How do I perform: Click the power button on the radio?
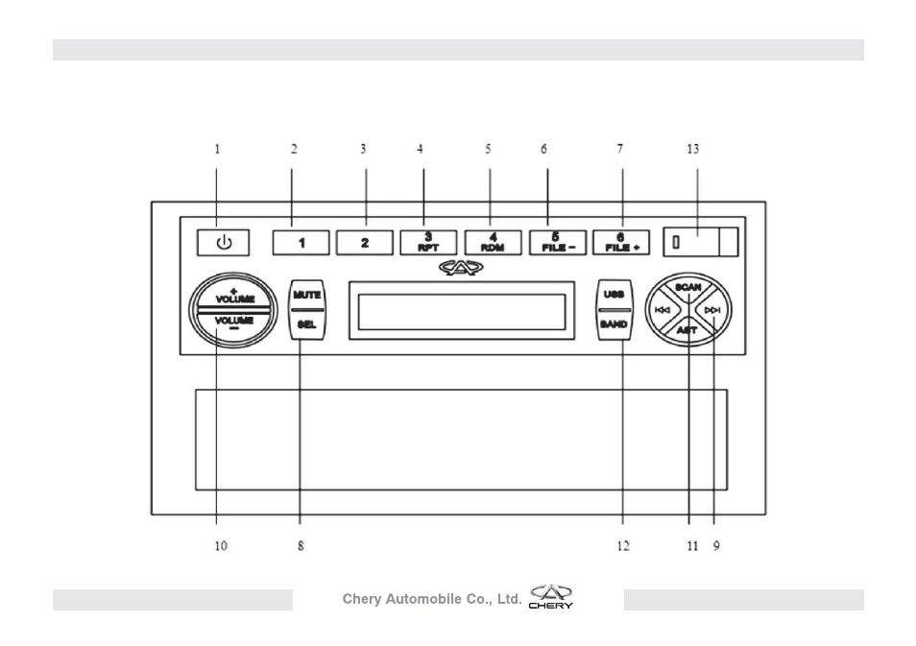pos(223,243)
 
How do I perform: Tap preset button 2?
pos(365,243)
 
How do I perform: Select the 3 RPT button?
pos(428,243)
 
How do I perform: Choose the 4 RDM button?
pos(494,243)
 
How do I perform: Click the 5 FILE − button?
pos(558,243)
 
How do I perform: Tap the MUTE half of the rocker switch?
pos(306,295)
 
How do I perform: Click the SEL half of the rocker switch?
pos(306,324)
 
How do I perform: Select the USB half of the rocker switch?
pos(614,295)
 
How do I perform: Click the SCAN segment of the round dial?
pos(688,287)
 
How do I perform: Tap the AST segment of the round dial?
pos(687,331)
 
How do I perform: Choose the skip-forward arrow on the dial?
pos(712,310)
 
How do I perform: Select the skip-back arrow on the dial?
pos(663,310)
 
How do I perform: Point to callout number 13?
pos(693,150)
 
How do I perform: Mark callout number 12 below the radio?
pos(623,546)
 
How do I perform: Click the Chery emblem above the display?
pos(461,268)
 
